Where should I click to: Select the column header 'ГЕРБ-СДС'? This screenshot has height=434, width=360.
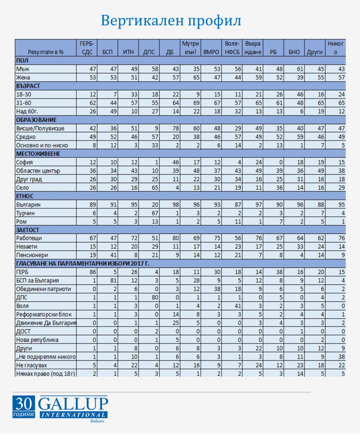coord(89,47)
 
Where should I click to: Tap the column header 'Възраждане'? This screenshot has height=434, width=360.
coord(253,47)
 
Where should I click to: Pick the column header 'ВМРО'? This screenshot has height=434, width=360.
coord(212,51)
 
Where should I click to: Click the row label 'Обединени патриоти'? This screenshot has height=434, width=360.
coord(44,289)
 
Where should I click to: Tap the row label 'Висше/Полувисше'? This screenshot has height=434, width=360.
coord(40,128)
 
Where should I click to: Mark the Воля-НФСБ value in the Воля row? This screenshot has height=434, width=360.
coord(233,306)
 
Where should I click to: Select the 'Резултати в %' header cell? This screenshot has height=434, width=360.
coord(46,51)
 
